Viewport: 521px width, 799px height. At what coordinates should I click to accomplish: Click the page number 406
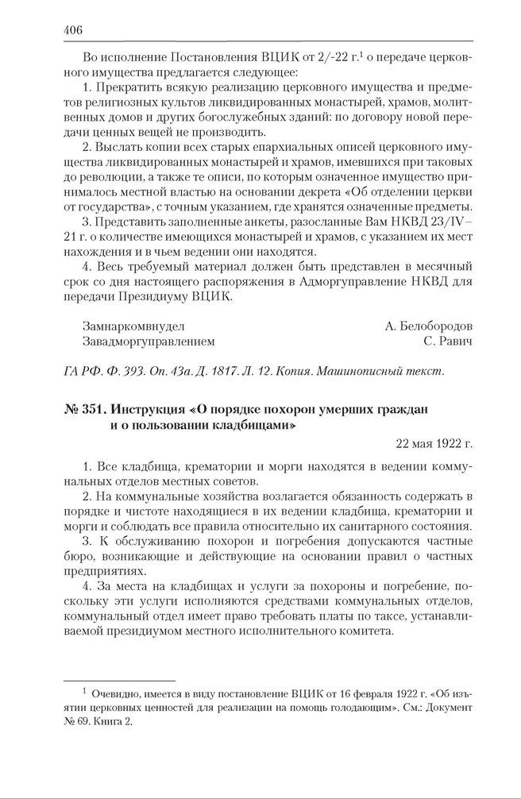[72, 30]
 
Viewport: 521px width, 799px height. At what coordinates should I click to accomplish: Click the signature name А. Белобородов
[428, 326]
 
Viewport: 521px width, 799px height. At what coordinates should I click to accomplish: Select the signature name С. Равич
[448, 342]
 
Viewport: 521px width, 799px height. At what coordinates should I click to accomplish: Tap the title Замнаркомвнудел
[133, 326]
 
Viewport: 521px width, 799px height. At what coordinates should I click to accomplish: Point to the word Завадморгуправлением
[149, 342]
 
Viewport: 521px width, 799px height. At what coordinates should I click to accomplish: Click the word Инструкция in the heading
[148, 410]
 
